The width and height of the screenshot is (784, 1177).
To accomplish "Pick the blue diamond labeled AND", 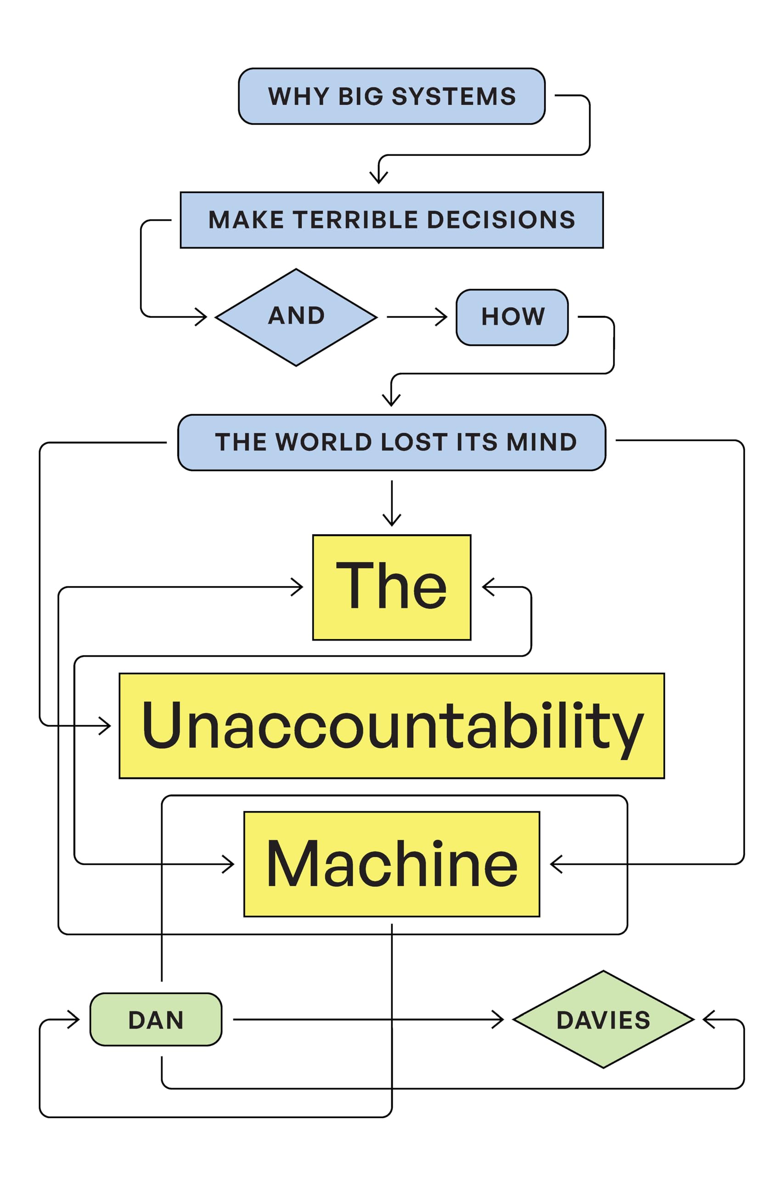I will tap(296, 317).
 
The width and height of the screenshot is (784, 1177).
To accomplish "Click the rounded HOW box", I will tap(512, 317).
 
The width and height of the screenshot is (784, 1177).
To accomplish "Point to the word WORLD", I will tap(323, 442).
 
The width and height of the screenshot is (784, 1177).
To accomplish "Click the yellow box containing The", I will tap(391, 587).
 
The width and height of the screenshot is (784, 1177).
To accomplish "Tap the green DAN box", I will tap(156, 1019).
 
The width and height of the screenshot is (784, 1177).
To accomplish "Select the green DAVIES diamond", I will tap(604, 1019).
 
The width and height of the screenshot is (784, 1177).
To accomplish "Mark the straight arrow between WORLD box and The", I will tap(391, 503).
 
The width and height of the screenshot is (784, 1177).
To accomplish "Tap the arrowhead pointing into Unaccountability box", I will tap(106, 726).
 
